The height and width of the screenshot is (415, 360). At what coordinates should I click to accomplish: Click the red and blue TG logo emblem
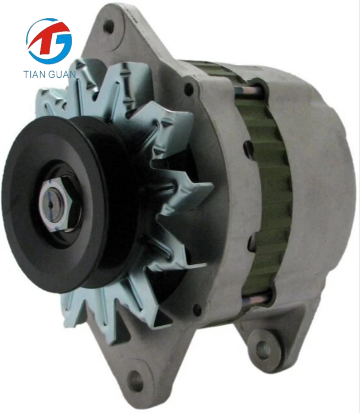tap(49, 41)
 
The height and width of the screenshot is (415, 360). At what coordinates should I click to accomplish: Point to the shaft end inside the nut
tap(52, 204)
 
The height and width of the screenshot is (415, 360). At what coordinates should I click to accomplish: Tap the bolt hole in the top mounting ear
tap(109, 26)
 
